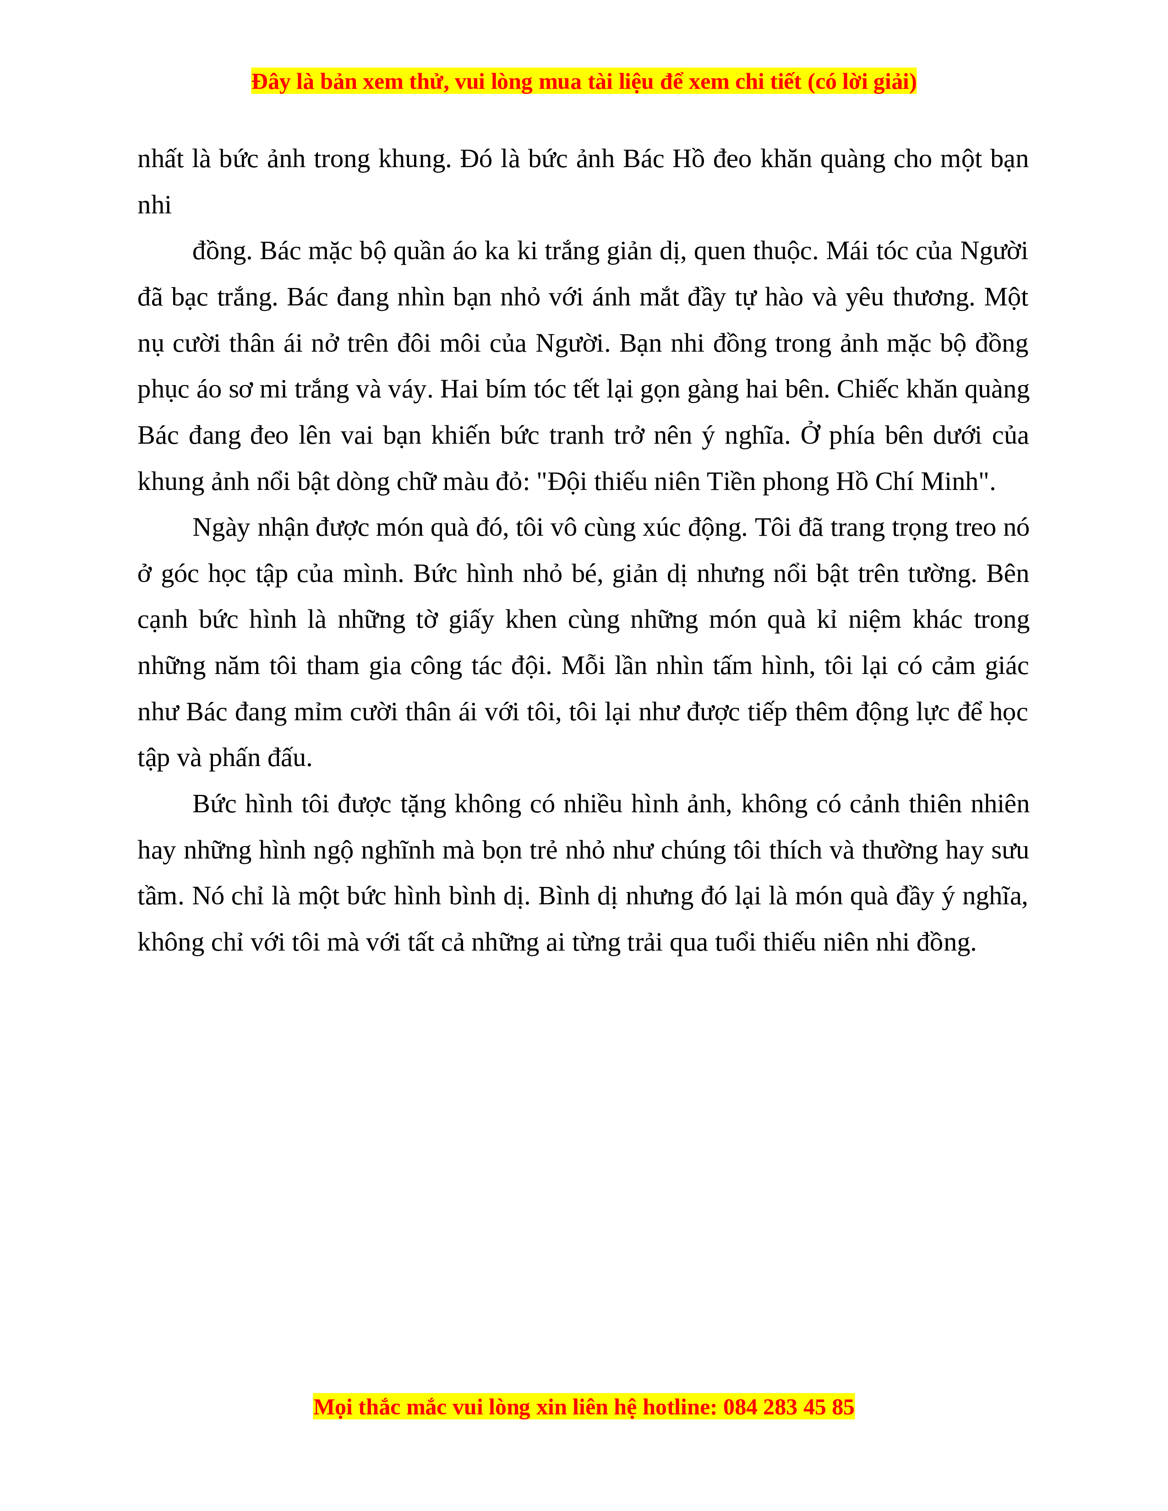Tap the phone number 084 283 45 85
tap(789, 1407)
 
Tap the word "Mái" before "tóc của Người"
tap(846, 251)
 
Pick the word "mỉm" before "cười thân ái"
tap(318, 712)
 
